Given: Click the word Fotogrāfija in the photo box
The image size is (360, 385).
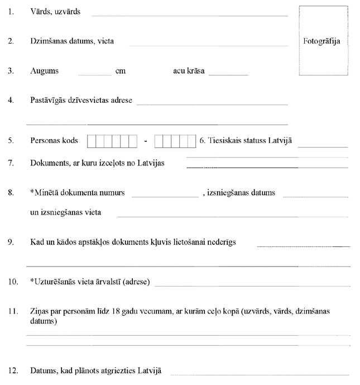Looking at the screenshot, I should coord(321,41).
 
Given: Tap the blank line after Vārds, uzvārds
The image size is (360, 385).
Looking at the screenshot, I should coord(190,15).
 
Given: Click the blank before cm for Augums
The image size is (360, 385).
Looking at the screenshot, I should coord(95,73).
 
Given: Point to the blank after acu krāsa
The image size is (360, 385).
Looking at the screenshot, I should coord(228,73).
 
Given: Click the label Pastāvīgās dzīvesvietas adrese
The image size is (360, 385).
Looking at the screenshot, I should coord(81,101).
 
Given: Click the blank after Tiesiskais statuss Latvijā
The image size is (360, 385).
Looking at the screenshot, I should coord(323,145).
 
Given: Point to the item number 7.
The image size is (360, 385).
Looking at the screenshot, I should coord(11,163).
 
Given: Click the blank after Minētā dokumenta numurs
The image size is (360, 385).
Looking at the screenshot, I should coord(165,196).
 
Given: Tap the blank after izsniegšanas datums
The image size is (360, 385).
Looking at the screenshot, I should coord(316,196).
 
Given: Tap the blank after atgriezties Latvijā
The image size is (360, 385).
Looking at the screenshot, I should coord(260,373).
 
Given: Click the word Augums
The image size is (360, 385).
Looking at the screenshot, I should coord(45,71).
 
